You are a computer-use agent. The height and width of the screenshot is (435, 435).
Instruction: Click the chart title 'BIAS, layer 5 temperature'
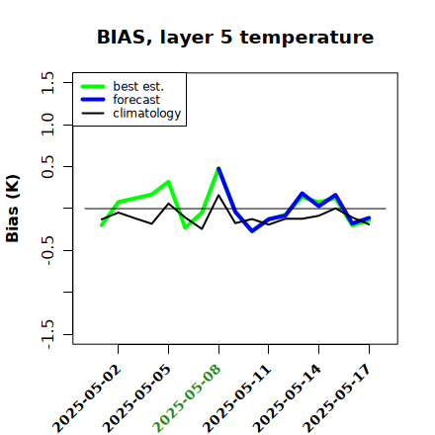tap(235, 38)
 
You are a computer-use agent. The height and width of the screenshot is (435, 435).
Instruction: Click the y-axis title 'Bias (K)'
tap(13, 209)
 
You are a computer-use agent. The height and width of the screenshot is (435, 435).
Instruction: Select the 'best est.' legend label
tap(138, 86)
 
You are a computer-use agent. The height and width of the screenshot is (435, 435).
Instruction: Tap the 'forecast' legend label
tap(136, 100)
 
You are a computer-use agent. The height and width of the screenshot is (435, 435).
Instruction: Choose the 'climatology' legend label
tap(147, 114)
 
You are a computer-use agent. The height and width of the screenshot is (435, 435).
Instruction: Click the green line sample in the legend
tap(93, 87)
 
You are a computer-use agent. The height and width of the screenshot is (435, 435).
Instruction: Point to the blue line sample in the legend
tap(93, 100)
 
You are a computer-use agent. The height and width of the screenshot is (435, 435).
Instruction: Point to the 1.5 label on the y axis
tap(47, 82)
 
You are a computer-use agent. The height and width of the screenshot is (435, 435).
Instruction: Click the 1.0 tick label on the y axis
tap(47, 125)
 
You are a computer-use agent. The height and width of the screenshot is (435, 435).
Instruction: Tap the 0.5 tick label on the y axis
tap(47, 167)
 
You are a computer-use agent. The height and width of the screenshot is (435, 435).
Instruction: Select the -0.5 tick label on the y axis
tap(48, 250)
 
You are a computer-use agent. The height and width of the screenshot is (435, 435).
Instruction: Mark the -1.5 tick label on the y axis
tap(48, 334)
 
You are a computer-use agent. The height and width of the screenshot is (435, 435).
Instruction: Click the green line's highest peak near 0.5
tap(218, 168)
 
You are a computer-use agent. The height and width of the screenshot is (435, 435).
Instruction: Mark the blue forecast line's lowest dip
tap(252, 231)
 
